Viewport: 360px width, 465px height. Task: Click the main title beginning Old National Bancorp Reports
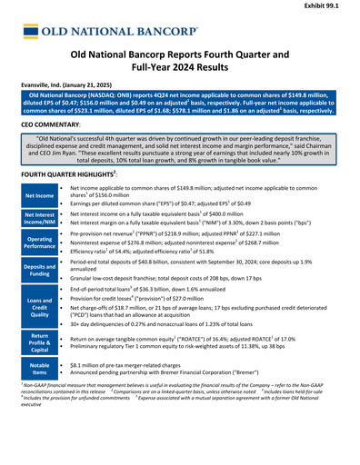point(180,61)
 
